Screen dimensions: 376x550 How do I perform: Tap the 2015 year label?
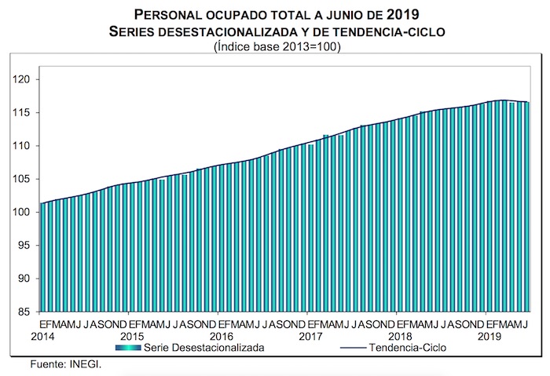[131, 336]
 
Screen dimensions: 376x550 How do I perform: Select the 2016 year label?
[221, 336]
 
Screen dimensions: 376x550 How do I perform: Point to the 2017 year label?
[311, 336]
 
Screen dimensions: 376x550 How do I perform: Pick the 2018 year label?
[401, 336]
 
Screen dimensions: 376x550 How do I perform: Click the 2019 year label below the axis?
[491, 336]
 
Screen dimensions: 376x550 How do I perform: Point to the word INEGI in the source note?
[85, 364]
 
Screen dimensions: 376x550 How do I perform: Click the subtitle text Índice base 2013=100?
[275, 46]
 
